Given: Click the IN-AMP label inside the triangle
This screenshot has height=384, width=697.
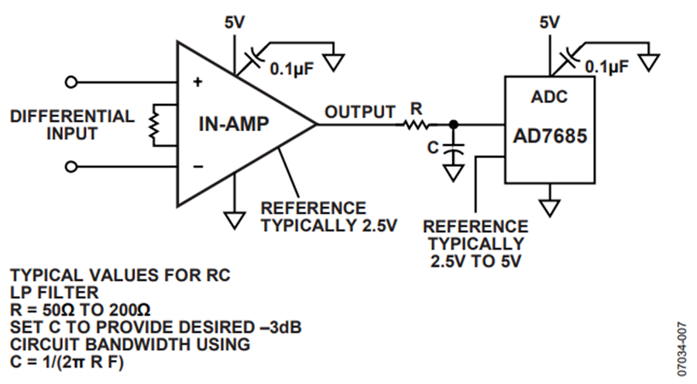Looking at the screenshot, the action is [x=234, y=124].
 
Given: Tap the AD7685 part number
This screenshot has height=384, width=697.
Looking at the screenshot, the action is [x=551, y=136].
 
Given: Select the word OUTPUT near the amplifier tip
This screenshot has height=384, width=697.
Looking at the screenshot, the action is [x=359, y=112].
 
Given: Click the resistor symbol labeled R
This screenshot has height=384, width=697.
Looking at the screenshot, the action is [x=417, y=124].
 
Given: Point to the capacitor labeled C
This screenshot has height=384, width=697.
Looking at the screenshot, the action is [x=453, y=149].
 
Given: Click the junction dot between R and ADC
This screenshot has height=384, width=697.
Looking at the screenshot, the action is [x=453, y=124].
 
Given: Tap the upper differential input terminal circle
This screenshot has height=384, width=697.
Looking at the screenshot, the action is [x=71, y=82].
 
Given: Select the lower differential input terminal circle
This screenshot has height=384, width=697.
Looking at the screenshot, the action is [x=71, y=167].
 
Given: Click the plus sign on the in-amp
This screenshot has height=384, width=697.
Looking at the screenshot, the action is [x=197, y=82].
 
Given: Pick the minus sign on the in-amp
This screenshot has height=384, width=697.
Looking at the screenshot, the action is [x=198, y=167].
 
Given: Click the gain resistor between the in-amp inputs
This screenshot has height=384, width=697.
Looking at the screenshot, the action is [x=154, y=125].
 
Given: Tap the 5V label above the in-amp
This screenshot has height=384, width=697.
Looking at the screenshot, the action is [x=234, y=22].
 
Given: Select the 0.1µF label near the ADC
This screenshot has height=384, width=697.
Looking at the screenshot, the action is [x=606, y=67].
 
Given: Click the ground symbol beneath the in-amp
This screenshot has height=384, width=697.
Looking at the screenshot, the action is [x=234, y=220].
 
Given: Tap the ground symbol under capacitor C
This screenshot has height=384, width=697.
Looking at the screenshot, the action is [x=453, y=173].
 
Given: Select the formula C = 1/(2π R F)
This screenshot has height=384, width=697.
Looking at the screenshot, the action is [x=67, y=362].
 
